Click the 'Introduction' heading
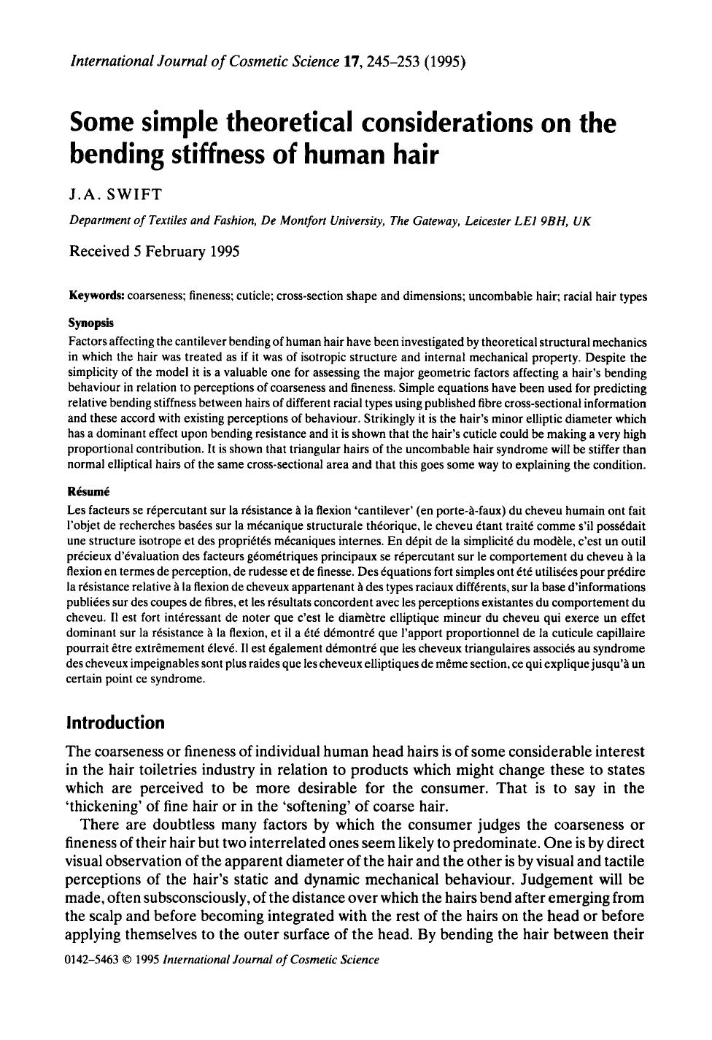(115, 723)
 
